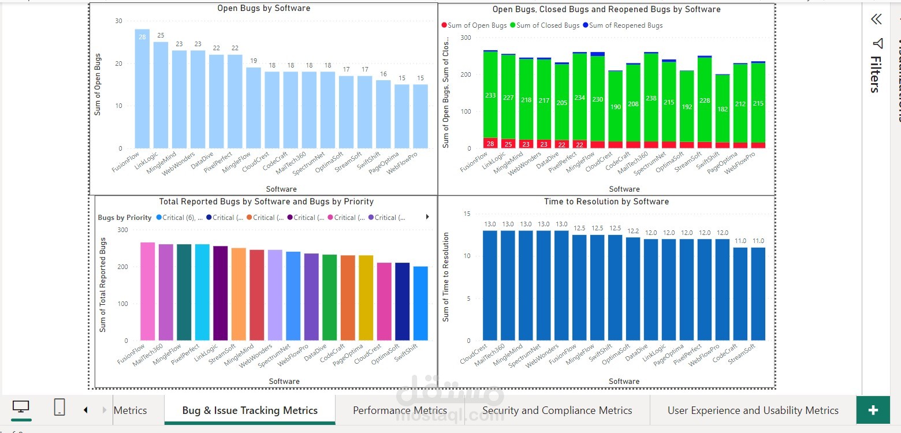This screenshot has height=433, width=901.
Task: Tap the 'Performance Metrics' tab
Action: [x=400, y=410]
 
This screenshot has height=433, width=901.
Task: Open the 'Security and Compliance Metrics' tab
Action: [x=557, y=410]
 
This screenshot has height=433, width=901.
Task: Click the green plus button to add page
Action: [x=873, y=410]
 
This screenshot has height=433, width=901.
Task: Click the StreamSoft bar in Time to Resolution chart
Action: [x=758, y=294]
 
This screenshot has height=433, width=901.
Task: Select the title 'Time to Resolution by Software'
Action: [x=606, y=201]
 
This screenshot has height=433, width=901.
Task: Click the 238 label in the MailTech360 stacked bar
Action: [x=651, y=99]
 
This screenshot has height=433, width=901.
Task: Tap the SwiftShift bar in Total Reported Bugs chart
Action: [x=420, y=303]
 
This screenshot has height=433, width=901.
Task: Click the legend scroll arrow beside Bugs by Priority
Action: [x=427, y=217]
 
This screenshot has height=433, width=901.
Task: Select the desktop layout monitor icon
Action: [x=21, y=407]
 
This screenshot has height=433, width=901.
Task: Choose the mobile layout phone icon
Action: [x=59, y=408]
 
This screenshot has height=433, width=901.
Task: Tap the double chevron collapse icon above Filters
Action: [x=876, y=20]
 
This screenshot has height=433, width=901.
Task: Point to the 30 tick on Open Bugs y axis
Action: [x=119, y=21]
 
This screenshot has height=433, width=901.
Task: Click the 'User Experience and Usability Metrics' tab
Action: [x=753, y=410]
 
